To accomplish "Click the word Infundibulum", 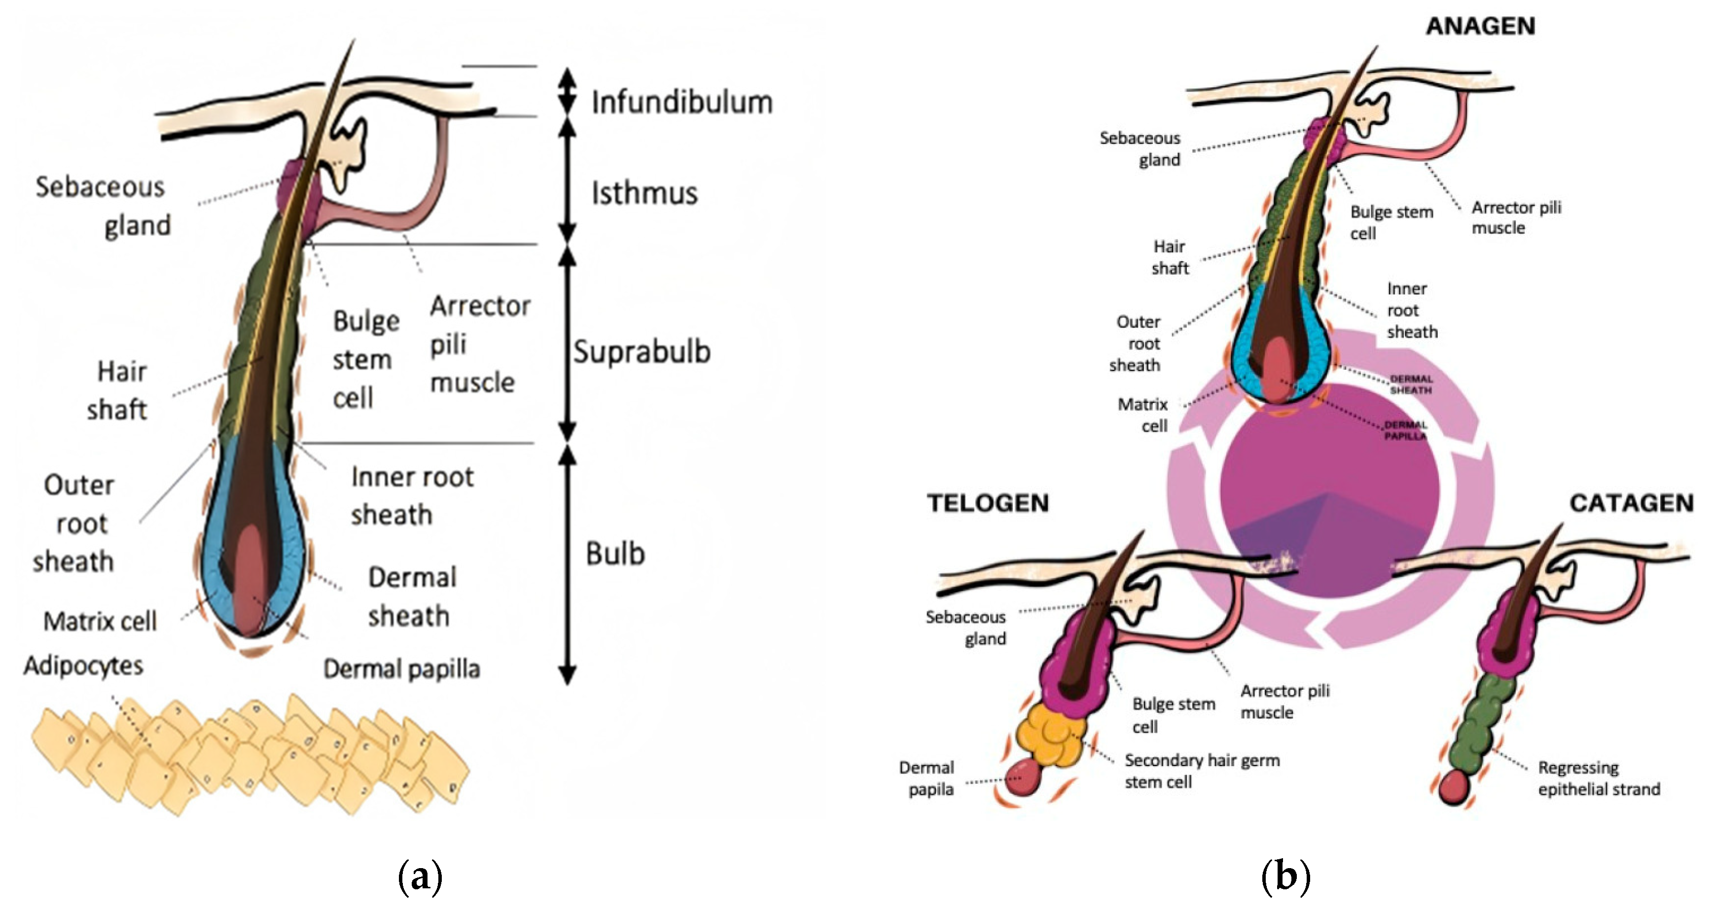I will point(682,103).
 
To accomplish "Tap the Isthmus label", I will point(644,193).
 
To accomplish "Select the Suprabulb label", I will point(642,351).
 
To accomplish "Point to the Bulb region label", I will point(615,554).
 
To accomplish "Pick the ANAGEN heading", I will point(1481,26).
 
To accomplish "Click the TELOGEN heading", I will point(988,503).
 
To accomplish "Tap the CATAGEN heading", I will point(1631,503).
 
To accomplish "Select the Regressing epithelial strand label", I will point(1599,778).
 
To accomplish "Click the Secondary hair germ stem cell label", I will point(1202,771).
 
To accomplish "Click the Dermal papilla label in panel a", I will point(401,668).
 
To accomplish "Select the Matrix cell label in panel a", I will point(100,621).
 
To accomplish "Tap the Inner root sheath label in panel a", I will point(412,496).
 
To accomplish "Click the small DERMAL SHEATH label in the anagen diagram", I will point(1411,385).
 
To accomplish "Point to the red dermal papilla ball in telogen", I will point(1024,777).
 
